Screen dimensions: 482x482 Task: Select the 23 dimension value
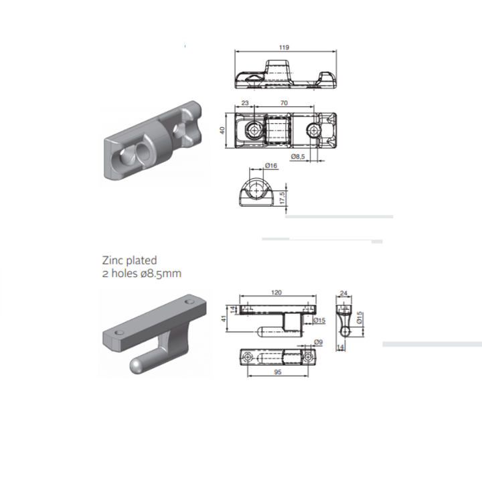tap(245, 104)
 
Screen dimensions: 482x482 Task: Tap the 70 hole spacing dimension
tap(285, 104)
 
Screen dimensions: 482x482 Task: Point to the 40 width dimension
tap(222, 130)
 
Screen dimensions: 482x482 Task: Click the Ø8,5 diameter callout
tap(299, 156)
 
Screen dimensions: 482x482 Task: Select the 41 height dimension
tap(223, 319)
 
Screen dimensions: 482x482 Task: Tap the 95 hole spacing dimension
tap(277, 372)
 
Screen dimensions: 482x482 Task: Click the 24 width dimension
tap(345, 293)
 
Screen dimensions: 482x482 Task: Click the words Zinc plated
tap(129, 260)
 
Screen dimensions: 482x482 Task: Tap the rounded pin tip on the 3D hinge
tap(137, 366)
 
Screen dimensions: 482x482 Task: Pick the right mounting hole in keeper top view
tap(314, 129)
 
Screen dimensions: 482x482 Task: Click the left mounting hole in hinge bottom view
tap(249, 357)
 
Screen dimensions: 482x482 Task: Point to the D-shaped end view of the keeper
tap(255, 190)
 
